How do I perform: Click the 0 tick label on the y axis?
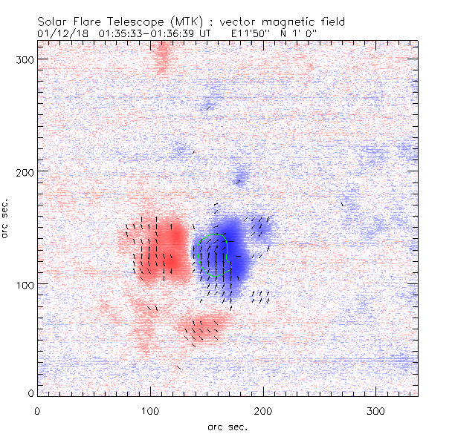pyautogui.click(x=29, y=392)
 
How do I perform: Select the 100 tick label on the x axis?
pyautogui.click(x=150, y=410)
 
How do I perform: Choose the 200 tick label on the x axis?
pyautogui.click(x=263, y=410)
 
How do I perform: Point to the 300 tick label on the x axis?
pyautogui.click(x=376, y=410)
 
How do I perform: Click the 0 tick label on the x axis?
pyautogui.click(x=37, y=410)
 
